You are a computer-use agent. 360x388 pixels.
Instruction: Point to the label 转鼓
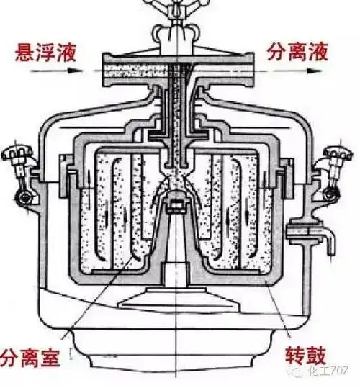click(305, 355)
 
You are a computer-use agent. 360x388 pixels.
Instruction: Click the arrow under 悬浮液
click(50, 71)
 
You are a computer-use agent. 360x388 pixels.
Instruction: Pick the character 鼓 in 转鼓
click(318, 355)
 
